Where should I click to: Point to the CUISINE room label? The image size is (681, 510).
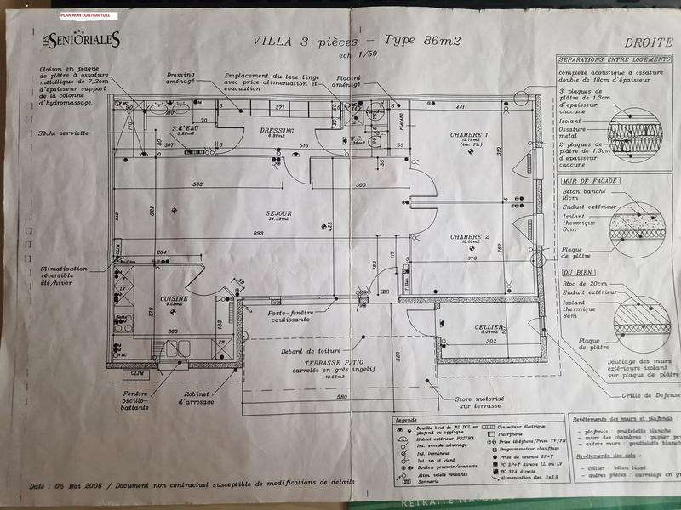pyautogui.click(x=174, y=299)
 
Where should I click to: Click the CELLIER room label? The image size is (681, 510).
pyautogui.click(x=490, y=327)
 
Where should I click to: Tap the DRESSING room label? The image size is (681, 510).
pyautogui.click(x=277, y=131)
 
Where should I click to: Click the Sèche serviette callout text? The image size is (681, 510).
pyautogui.click(x=63, y=134)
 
